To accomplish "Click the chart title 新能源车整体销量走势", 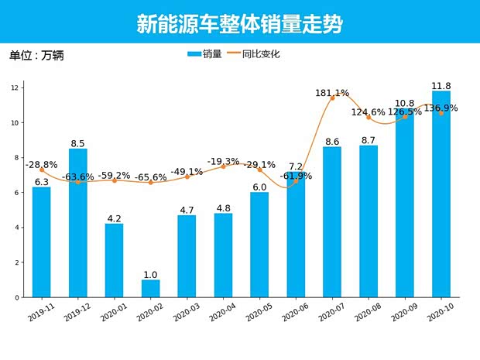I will [x=239, y=25].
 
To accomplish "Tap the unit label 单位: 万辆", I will [x=36, y=56].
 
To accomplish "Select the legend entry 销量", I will [x=205, y=54].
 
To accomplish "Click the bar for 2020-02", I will [x=150, y=288].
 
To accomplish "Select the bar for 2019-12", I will [x=77, y=223].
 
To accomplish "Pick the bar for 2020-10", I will [x=441, y=194].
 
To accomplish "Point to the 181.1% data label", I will [x=332, y=93].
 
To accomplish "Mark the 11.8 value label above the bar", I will [x=441, y=86].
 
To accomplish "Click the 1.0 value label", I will [x=150, y=275].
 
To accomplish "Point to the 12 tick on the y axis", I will [x=14, y=88].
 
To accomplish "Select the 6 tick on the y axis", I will [x=15, y=193].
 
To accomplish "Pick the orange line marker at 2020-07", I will [x=332, y=98].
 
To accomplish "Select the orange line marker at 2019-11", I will [x=41, y=170].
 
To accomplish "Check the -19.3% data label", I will [x=223, y=161].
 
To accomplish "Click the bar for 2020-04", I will [x=223, y=255].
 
